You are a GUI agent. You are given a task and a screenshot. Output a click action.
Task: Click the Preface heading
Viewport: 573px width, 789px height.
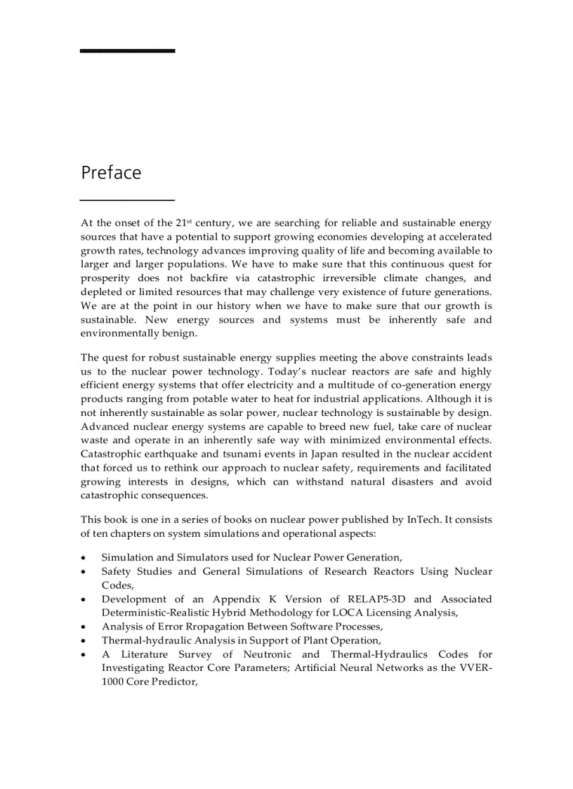(x=111, y=173)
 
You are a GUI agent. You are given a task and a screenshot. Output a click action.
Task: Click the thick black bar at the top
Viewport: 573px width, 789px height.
(x=127, y=51)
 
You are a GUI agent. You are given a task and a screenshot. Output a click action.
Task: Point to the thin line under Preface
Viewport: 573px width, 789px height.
(x=127, y=200)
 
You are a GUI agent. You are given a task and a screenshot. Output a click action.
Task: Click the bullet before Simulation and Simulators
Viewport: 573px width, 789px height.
(x=84, y=558)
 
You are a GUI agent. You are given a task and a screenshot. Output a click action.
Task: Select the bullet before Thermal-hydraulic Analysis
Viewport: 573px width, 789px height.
(x=84, y=641)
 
